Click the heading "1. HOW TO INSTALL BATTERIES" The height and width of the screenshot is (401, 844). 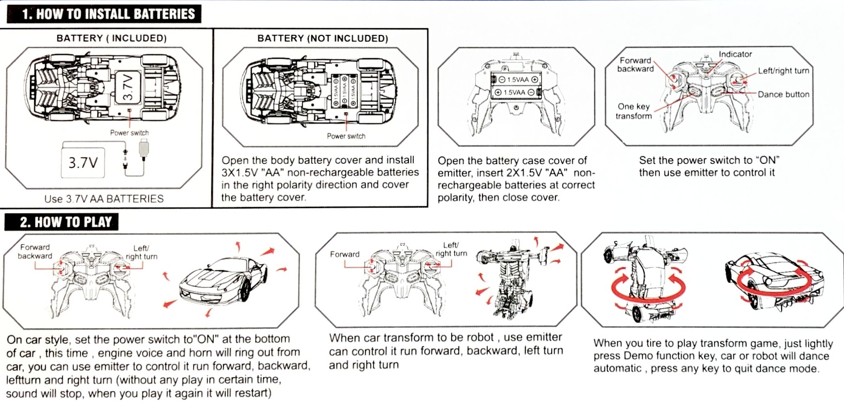[108, 14]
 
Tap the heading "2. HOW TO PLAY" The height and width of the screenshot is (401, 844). [66, 222]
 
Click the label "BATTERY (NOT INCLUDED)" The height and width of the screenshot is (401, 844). [322, 39]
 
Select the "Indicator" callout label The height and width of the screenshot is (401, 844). [735, 54]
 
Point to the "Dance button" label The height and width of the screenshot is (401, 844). [783, 95]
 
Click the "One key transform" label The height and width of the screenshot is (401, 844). [633, 111]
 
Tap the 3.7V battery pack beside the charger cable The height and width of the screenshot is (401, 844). [83, 162]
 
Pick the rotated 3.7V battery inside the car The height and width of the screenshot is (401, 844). [128, 88]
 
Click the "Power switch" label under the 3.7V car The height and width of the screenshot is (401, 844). [129, 133]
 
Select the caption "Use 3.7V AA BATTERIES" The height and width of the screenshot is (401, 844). [104, 199]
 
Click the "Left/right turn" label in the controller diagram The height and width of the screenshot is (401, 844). [783, 71]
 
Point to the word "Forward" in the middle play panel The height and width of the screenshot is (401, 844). [345, 254]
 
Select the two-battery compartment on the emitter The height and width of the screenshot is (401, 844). [516, 86]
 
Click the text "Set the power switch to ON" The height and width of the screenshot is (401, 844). [709, 160]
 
